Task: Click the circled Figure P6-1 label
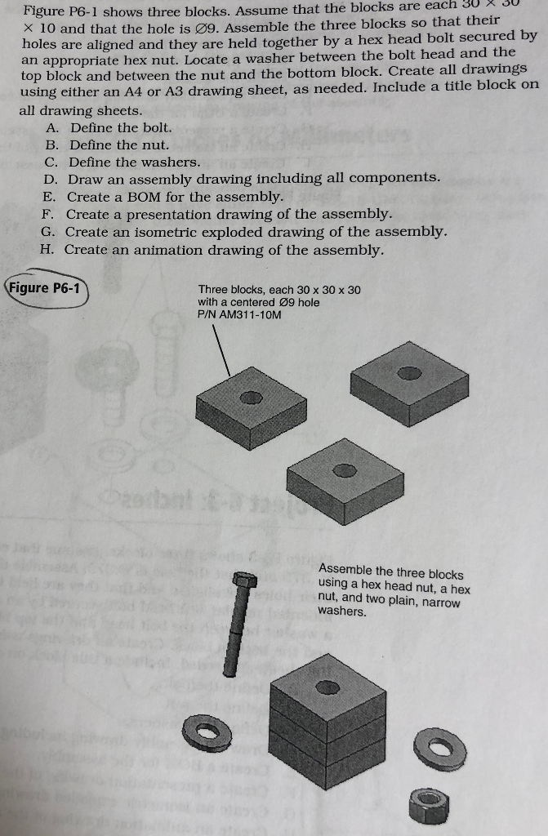(47, 288)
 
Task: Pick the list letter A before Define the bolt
(53, 127)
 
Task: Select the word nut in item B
(127, 145)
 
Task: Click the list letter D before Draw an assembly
(51, 179)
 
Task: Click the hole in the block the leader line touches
(252, 397)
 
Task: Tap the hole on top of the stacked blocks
(328, 688)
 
